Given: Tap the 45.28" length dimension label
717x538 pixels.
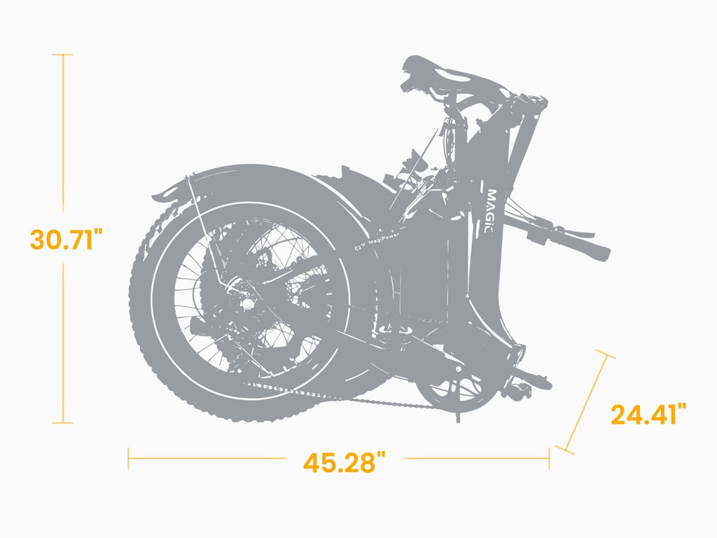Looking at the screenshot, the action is click(x=344, y=462).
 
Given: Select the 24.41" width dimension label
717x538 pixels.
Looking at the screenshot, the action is click(x=648, y=415).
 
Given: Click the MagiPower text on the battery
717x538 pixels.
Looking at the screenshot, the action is click(x=377, y=241).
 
